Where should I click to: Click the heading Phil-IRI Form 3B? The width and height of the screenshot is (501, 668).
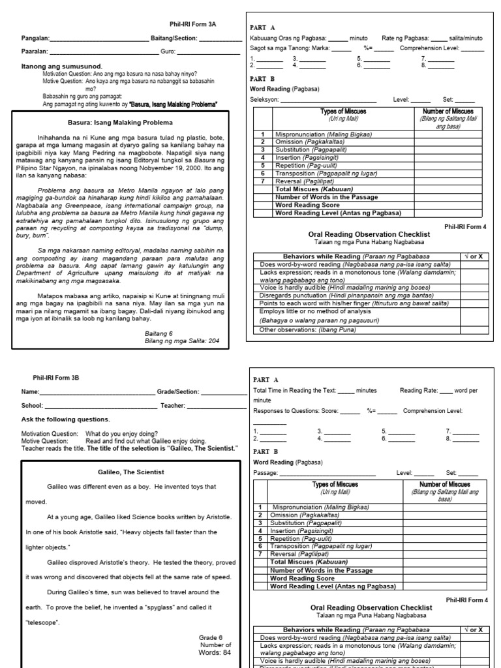tap(56, 377)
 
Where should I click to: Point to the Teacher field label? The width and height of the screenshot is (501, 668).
tap(173, 406)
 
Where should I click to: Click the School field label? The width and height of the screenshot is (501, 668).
tap(32, 406)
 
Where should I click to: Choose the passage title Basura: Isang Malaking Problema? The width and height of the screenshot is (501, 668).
tap(121, 122)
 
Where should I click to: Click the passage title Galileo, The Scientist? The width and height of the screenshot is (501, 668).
tap(121, 471)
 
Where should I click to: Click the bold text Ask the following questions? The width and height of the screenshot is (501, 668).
tap(66, 419)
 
